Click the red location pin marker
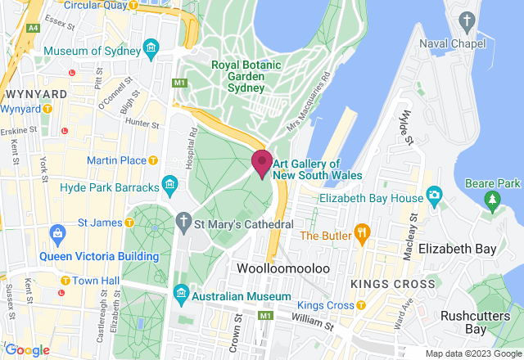[262, 162]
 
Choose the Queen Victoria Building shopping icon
[56, 237]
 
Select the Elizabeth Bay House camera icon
[434, 197]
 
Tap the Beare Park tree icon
[491, 198]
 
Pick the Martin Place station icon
[152, 160]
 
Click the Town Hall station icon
[63, 281]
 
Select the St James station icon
[129, 223]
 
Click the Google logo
[26, 349]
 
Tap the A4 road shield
[33, 28]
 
